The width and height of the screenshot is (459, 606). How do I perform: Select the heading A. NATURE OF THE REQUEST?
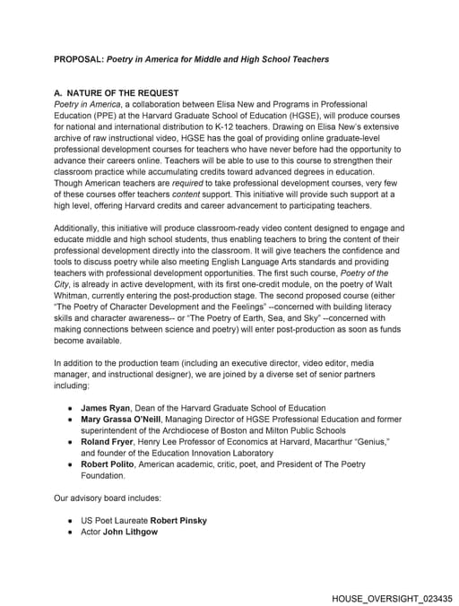click(117, 93)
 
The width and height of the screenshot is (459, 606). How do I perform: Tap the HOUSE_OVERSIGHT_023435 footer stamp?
click(392, 597)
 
